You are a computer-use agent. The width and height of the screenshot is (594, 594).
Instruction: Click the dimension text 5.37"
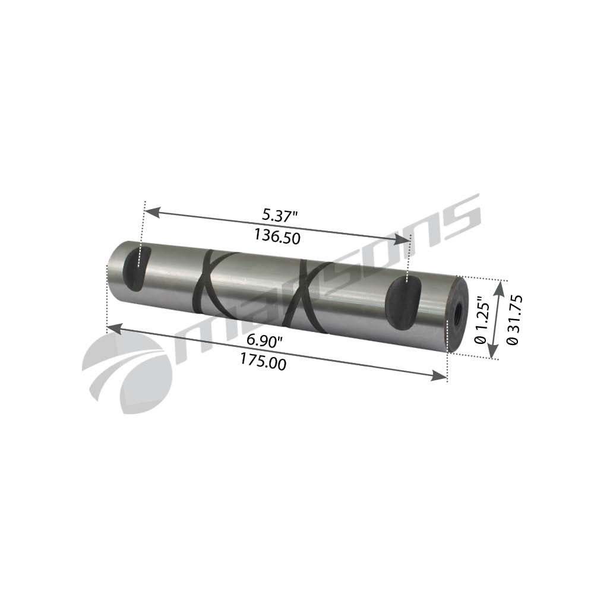278,214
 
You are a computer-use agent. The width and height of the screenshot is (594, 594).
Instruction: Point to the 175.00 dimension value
261,361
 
